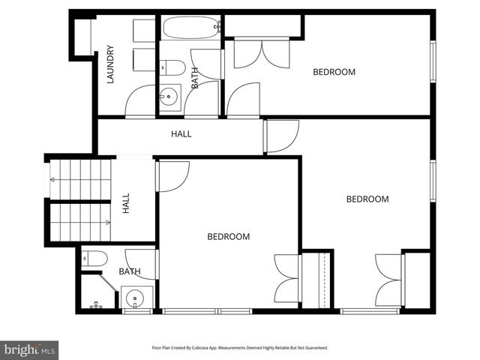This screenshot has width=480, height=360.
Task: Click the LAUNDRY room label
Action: (110, 65)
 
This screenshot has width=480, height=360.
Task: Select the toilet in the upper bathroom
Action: (173, 67)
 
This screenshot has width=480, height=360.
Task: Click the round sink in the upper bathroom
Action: (169, 96)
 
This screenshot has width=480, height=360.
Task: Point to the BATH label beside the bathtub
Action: (195, 79)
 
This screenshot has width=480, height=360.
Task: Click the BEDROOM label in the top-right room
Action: (334, 72)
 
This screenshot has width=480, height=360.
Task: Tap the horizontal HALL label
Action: (181, 134)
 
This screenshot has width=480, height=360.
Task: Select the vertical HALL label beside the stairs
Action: (126, 202)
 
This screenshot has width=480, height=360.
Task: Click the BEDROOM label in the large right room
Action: (367, 199)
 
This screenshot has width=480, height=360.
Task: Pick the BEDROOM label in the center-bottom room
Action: (228, 237)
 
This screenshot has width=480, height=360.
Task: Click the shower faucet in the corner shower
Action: (96, 305)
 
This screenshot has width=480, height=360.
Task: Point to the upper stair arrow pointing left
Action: (53, 179)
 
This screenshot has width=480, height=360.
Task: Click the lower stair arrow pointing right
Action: (107, 222)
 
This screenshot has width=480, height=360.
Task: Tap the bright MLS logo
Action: (29, 349)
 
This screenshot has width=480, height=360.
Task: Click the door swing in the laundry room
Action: (139, 101)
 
